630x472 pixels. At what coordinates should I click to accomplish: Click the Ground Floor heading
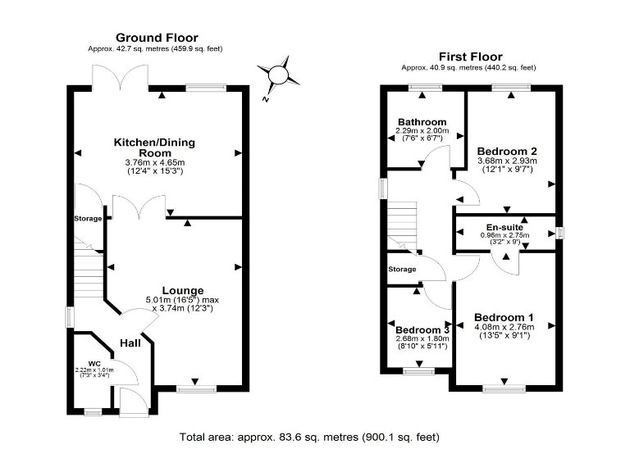point(155,38)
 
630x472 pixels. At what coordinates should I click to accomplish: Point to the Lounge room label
point(182,290)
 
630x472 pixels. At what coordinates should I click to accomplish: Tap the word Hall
point(130,343)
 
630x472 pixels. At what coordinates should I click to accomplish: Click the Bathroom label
point(422,122)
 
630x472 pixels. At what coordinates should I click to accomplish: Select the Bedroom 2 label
point(507,151)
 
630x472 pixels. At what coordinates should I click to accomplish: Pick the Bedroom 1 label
point(504,317)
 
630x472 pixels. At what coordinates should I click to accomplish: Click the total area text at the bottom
point(314,437)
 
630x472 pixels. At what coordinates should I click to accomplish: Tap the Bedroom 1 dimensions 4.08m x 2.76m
point(504,327)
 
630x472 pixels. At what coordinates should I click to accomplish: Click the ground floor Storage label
point(89,219)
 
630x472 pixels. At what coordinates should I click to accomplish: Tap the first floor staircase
point(402,225)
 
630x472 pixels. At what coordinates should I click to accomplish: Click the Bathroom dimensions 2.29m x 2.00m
point(422,131)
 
